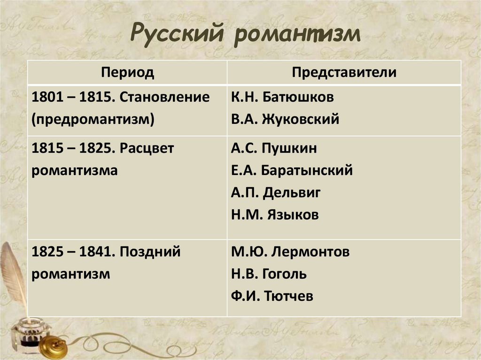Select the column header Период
tap(127, 73)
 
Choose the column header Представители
tap(344, 73)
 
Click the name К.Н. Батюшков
tap(282, 97)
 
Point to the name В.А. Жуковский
tap(285, 119)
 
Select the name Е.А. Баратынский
tap(292, 171)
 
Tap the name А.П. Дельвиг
tap(276, 193)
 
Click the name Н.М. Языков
tap(275, 215)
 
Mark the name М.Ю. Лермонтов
tap(290, 252)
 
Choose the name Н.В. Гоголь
tap(269, 274)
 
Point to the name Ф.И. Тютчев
tap(272, 296)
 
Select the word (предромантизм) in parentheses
tap(93, 119)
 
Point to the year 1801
tap(45, 97)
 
